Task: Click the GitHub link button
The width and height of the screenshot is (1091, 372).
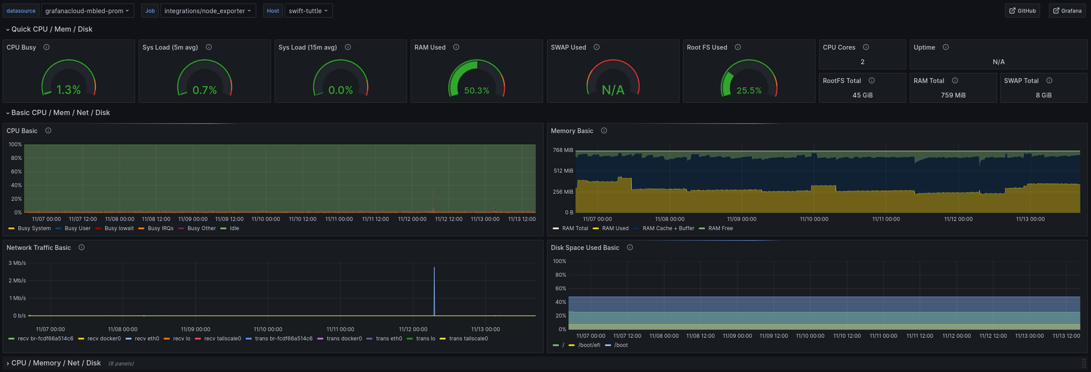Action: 1022,11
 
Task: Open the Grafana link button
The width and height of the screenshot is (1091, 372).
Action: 1067,11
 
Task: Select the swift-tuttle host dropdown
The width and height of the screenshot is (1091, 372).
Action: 308,11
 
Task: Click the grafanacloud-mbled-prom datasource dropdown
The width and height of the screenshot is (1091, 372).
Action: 87,11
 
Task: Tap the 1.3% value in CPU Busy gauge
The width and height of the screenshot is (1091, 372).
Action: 68,90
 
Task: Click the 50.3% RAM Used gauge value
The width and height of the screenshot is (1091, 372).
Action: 476,90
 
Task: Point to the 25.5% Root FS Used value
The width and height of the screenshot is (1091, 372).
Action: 749,90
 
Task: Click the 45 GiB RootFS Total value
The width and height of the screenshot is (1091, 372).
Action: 862,95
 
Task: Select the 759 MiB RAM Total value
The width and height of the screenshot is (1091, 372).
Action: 953,95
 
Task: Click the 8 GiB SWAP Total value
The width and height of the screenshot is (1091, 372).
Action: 1043,95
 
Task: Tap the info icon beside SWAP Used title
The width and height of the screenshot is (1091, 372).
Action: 597,47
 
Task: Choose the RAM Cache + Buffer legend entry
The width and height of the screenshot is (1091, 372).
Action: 668,228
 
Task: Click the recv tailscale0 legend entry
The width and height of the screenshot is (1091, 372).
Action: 222,339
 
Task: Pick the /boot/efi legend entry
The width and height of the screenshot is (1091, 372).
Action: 589,345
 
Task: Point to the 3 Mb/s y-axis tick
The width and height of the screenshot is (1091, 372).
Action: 17,263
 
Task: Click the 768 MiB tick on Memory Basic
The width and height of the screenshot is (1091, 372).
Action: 563,150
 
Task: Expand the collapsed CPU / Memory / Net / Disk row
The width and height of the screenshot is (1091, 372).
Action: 56,363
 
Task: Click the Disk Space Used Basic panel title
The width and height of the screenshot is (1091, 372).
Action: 585,248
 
